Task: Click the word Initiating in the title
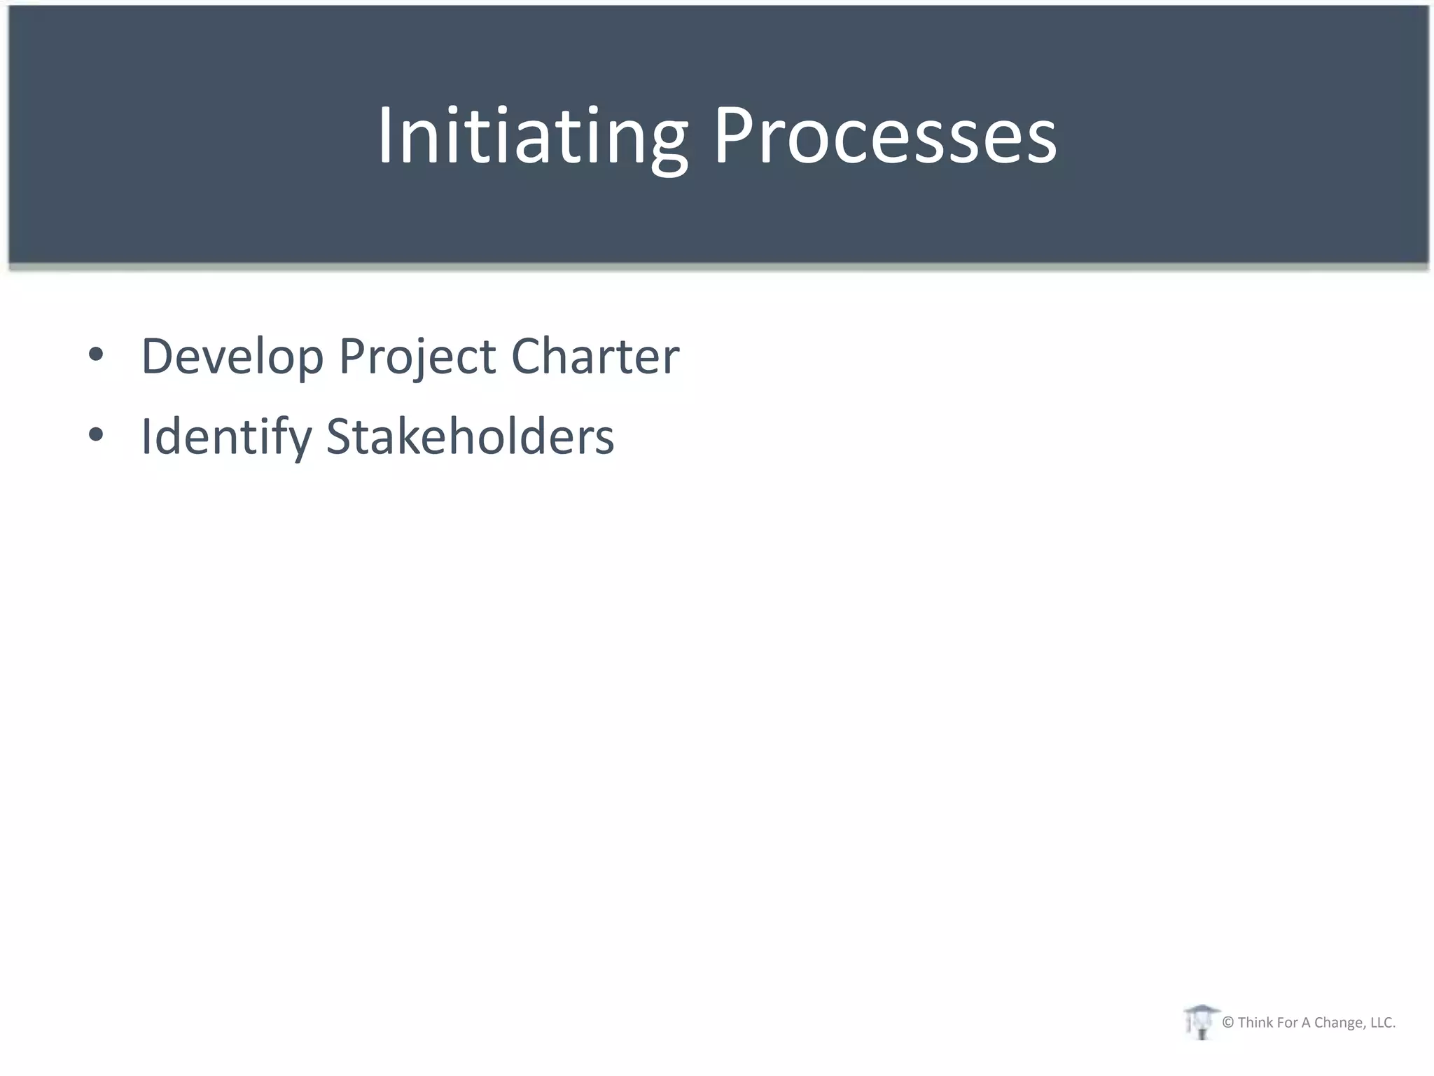pyautogui.click(x=532, y=136)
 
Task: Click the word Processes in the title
pyautogui.click(x=884, y=136)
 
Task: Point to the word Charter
pyautogui.click(x=595, y=356)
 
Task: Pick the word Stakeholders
pyautogui.click(x=471, y=436)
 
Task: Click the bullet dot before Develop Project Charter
pyautogui.click(x=96, y=355)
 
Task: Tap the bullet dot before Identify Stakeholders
pyautogui.click(x=96, y=435)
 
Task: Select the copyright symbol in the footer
pyautogui.click(x=1228, y=1023)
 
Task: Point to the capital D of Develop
pyautogui.click(x=156, y=356)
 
